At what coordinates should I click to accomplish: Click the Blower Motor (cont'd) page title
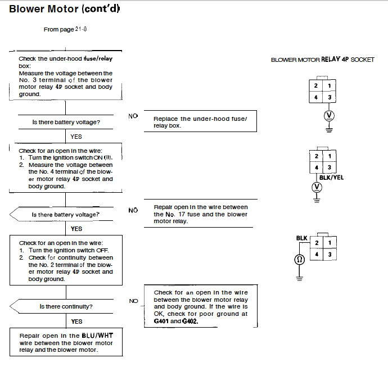coord(64,9)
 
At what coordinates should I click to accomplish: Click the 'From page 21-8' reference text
coord(65,29)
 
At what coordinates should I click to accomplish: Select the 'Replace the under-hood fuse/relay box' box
coord(200,121)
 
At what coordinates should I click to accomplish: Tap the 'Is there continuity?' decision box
coord(61,306)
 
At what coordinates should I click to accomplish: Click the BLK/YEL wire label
coord(331,178)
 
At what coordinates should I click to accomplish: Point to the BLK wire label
coord(301,238)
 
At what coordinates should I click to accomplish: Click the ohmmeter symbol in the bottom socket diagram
coord(299,260)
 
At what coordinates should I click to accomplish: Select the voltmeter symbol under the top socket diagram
coord(329,115)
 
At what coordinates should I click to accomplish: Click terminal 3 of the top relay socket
coord(330,97)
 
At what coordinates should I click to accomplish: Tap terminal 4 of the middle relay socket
coord(316,167)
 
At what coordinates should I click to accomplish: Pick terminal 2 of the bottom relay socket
coord(317,243)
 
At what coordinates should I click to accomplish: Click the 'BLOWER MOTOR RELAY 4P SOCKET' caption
coord(322,60)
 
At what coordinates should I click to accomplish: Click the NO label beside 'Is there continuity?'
coord(134,301)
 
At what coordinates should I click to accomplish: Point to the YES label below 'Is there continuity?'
coord(76,321)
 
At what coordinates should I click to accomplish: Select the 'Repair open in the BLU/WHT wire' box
coord(66,342)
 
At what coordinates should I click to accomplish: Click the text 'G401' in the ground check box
coord(161,321)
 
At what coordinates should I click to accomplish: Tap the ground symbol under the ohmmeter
coord(299,279)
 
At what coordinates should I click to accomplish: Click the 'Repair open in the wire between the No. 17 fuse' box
coord(200,214)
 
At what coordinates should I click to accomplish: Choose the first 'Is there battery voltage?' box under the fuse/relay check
coord(66,122)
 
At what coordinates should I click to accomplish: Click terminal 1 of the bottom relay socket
coord(330,243)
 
